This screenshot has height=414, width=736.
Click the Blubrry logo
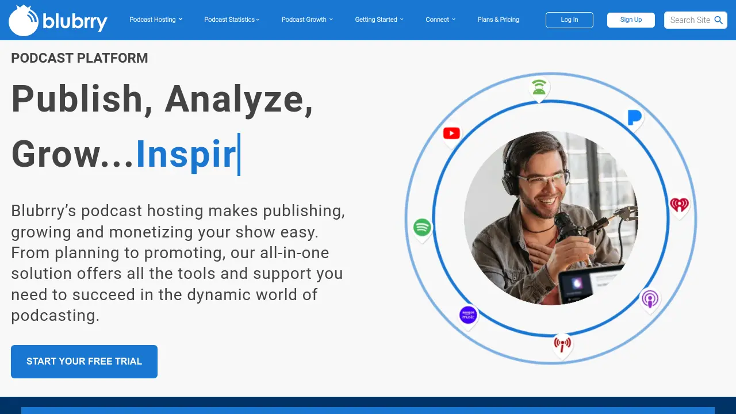click(x=57, y=20)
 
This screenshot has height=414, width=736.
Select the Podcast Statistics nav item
click(x=232, y=20)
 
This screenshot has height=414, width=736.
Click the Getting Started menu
click(x=379, y=20)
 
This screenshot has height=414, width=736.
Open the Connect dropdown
click(x=440, y=20)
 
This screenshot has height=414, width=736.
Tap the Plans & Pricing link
click(x=498, y=20)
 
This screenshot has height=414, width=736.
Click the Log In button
click(x=569, y=20)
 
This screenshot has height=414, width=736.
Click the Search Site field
click(x=689, y=20)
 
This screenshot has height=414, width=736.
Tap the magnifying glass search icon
click(x=719, y=20)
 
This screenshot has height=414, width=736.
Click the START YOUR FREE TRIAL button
click(x=84, y=362)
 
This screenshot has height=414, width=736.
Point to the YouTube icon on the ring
click(x=451, y=133)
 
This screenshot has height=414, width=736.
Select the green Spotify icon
click(x=422, y=227)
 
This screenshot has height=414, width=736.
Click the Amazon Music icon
click(x=468, y=315)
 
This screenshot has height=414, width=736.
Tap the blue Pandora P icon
click(x=634, y=118)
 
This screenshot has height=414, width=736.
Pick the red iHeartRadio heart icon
click(x=679, y=204)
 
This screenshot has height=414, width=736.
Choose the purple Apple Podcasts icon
click(x=650, y=299)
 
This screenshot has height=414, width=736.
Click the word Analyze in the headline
click(x=239, y=99)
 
